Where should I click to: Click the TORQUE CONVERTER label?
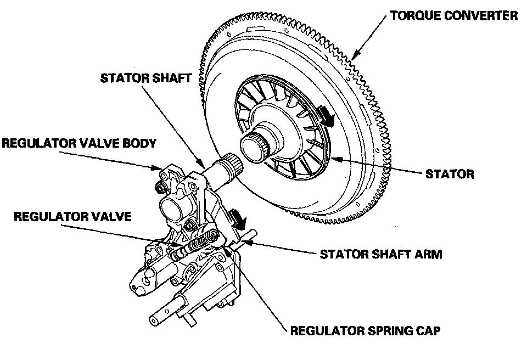[x=454, y=16]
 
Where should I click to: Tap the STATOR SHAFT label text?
[x=146, y=78]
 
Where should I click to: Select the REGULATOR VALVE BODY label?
[x=79, y=143]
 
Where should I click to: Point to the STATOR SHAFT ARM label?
[x=381, y=254]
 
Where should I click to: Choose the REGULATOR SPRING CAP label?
[x=366, y=331]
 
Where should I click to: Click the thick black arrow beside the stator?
[x=326, y=116]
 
